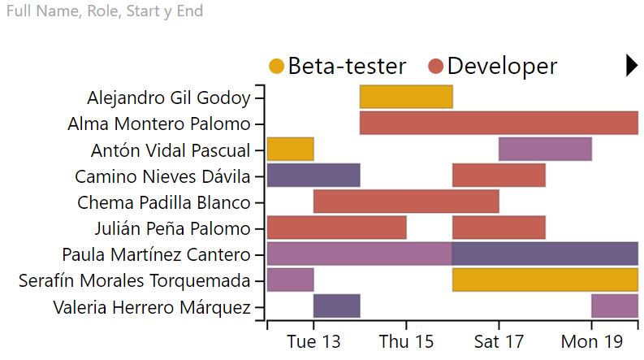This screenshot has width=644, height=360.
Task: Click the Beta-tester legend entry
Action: pos(337,66)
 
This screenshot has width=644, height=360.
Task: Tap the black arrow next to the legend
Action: pos(632,66)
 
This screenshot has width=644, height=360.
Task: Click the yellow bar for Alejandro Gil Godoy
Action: pos(406,97)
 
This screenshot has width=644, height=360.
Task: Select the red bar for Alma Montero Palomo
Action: pos(499,124)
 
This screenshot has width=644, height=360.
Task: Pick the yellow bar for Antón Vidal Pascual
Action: pos(290,150)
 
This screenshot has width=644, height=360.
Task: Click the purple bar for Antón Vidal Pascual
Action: pos(545,150)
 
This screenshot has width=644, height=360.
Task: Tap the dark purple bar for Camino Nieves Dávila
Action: pos(313,176)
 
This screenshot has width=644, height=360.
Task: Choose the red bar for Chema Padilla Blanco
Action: pos(406,202)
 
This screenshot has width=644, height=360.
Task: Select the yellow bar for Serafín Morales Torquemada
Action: pos(545,280)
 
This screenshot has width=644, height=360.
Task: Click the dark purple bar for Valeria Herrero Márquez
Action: pos(336,306)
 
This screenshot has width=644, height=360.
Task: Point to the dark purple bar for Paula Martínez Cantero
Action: pos(545,254)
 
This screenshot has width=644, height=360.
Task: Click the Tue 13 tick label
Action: pos(313,342)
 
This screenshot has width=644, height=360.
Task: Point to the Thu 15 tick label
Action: pos(406,342)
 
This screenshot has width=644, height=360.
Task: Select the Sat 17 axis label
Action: pos(499,342)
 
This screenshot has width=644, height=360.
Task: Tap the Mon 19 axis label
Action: pos(591,342)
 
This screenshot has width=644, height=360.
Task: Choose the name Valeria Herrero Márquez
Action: pos(152,307)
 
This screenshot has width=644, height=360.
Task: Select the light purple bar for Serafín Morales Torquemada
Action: pos(290,280)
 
